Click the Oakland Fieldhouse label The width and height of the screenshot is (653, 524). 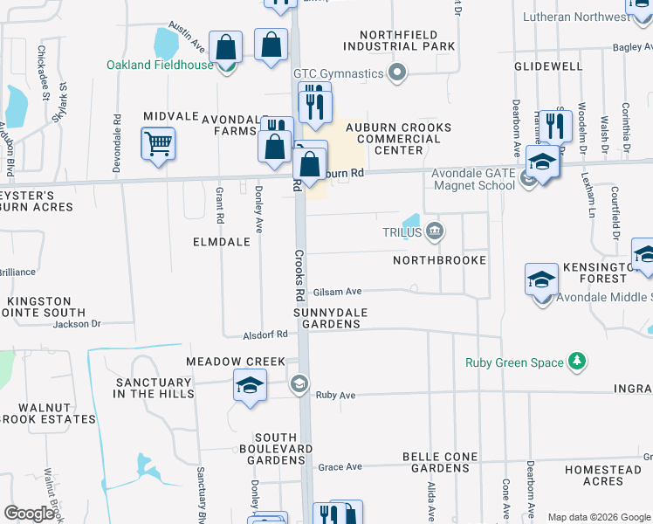click(160, 65)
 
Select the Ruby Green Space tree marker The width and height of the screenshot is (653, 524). click(575, 362)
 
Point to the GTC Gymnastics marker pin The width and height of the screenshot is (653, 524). click(398, 72)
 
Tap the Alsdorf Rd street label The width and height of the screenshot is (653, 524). click(266, 334)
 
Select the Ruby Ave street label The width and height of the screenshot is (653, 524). click(336, 395)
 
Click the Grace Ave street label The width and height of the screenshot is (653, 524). click(340, 467)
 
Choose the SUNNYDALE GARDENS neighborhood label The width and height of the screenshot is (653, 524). click(331, 318)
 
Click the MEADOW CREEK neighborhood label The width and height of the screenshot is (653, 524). click(236, 362)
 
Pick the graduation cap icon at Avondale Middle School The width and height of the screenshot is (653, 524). click(541, 279)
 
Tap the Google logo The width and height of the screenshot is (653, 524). click(29, 514)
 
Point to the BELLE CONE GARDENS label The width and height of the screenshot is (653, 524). click(440, 462)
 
